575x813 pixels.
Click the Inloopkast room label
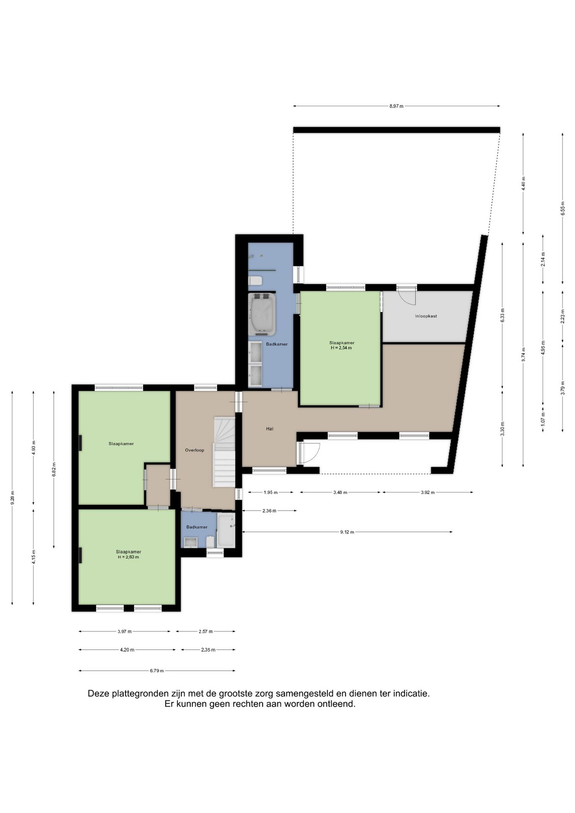[426, 316]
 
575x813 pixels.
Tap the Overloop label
[194, 450]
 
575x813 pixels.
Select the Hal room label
[270, 429]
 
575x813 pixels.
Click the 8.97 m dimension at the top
[396, 106]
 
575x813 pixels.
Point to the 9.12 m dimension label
[347, 532]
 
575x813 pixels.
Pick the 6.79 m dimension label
[157, 671]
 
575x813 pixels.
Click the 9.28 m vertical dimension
[12, 498]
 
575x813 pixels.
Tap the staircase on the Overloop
[224, 452]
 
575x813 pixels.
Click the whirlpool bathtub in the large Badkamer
[262, 314]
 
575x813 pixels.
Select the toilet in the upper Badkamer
[255, 280]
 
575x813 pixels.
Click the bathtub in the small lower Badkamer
[226, 531]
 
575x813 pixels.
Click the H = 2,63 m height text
[128, 557]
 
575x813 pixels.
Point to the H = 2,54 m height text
[341, 348]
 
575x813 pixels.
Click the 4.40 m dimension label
[523, 183]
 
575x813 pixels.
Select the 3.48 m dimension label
[340, 492]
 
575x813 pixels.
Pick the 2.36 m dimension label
[269, 511]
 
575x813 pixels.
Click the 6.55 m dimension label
[563, 208]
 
